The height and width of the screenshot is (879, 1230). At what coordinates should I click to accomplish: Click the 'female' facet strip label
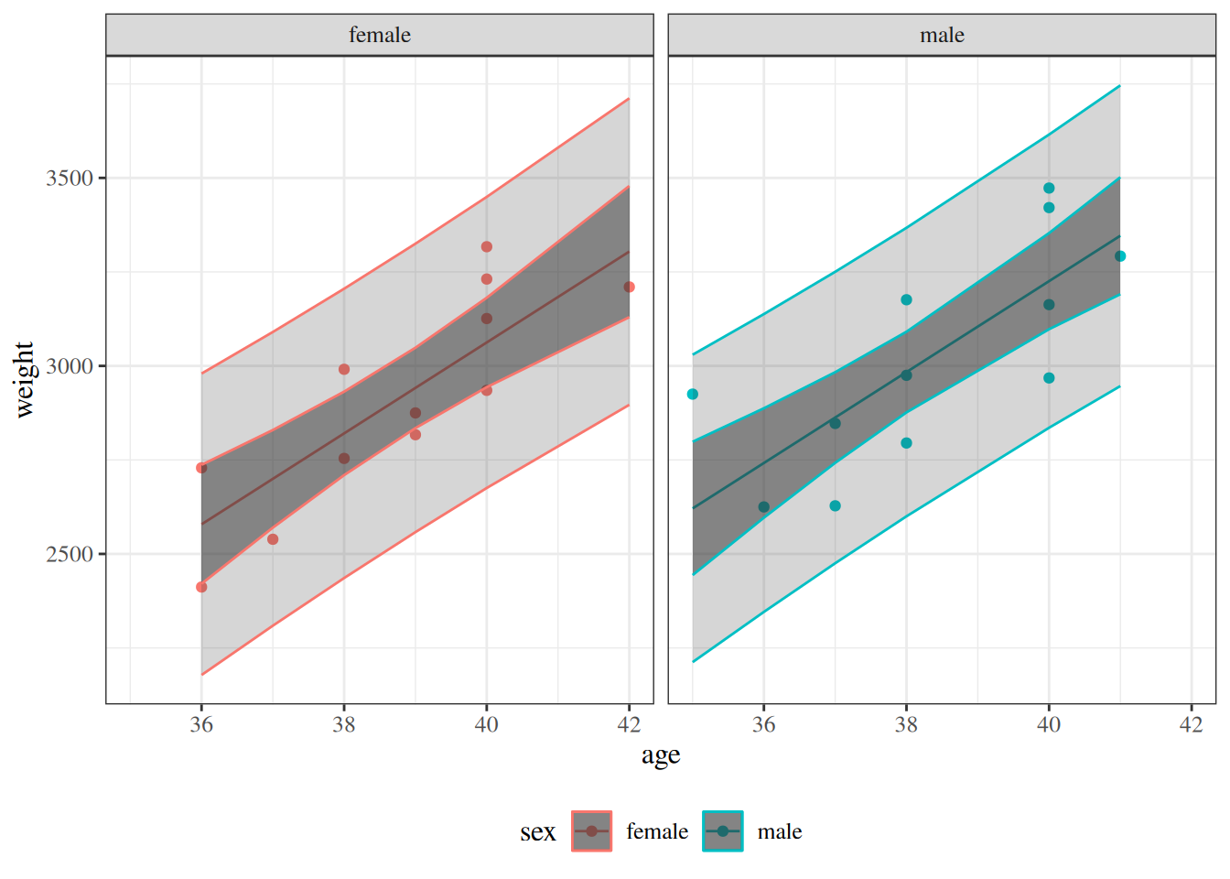[380, 36]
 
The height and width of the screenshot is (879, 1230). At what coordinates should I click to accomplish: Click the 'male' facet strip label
[942, 36]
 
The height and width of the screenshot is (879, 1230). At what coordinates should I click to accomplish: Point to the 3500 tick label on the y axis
[70, 179]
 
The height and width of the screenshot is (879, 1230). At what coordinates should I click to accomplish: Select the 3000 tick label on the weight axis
[70, 366]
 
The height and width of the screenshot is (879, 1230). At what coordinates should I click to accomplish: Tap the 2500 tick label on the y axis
[70, 554]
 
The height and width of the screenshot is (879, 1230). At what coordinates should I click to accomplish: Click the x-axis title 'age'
[661, 755]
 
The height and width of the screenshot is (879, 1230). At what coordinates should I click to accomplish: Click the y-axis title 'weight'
[24, 379]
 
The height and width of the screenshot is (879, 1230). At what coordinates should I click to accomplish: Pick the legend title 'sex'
[538, 832]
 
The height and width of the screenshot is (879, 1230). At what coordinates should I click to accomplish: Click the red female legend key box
[592, 831]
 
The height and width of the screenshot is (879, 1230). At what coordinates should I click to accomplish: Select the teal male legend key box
[723, 831]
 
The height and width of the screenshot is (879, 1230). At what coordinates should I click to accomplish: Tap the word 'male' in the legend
[780, 832]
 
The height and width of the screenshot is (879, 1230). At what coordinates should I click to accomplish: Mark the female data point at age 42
[630, 288]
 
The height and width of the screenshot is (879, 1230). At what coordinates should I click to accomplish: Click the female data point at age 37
[273, 539]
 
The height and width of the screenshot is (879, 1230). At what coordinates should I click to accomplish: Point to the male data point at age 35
[693, 395]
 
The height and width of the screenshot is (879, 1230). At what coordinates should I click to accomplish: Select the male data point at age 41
[1120, 256]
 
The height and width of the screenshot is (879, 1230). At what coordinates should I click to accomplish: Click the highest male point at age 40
[1049, 189]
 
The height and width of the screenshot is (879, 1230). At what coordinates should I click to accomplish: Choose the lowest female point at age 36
[201, 587]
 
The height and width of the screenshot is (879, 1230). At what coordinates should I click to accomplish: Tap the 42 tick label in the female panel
[630, 724]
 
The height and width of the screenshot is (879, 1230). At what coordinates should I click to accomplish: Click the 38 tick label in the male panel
[906, 724]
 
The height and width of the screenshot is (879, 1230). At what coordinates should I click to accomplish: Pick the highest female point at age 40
[487, 247]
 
